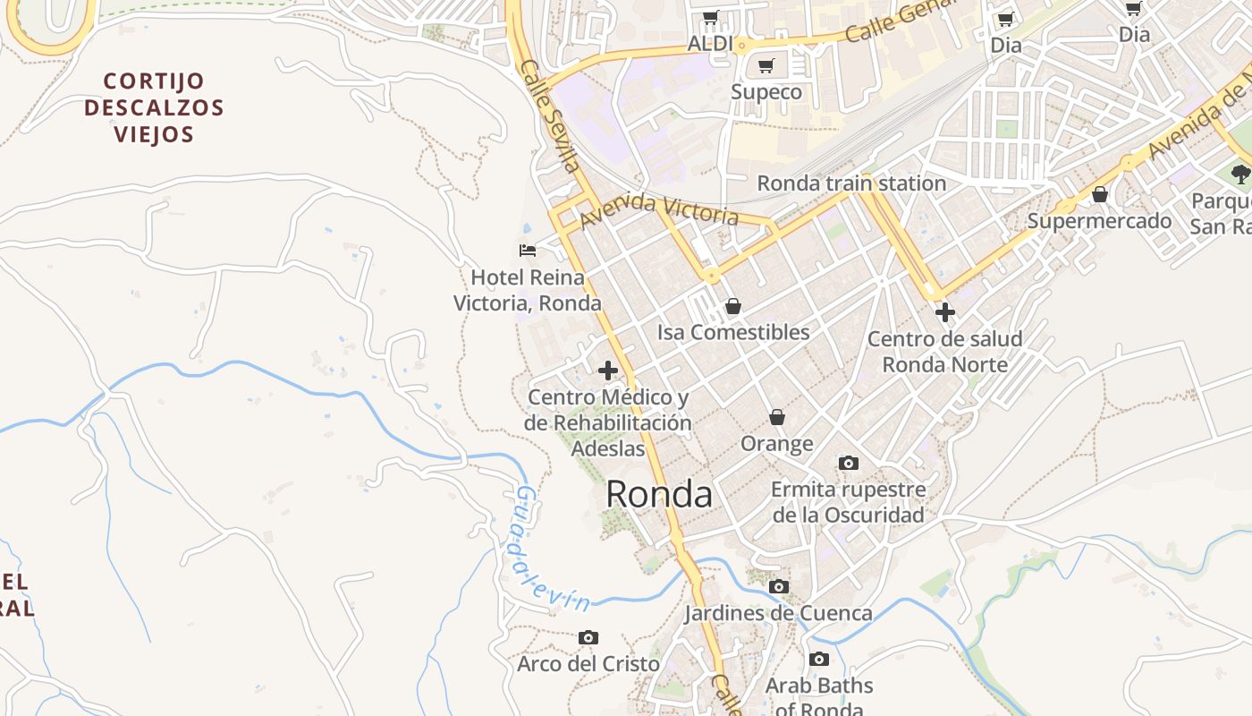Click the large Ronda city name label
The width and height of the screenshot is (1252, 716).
[x=659, y=494]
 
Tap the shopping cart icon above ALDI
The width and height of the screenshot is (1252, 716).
[x=711, y=17]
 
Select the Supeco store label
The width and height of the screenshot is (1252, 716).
[x=766, y=92]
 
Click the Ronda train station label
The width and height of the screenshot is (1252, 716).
[x=851, y=183]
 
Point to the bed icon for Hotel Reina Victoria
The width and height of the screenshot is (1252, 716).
[x=528, y=250]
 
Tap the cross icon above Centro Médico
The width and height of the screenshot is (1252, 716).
[x=608, y=371]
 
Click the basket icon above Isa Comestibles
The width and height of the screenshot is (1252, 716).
[x=733, y=306]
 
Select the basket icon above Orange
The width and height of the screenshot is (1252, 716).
[x=777, y=417]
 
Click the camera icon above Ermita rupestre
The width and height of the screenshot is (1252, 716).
[x=849, y=463]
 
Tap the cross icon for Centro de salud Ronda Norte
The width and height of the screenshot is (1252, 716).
[x=945, y=312]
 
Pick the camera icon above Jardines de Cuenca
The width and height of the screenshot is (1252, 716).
[x=779, y=586]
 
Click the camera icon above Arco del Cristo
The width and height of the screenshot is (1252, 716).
[x=588, y=637]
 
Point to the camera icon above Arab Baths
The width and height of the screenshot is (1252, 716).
[x=818, y=660]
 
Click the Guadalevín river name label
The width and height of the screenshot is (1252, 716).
[x=549, y=551]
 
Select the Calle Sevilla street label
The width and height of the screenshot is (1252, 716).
[x=549, y=116]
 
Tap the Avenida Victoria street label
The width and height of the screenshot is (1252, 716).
[x=659, y=210]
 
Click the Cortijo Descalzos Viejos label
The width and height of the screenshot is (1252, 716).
[x=154, y=107]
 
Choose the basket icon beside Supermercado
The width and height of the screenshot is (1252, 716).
[x=1100, y=194]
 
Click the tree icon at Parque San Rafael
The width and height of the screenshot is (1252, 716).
[x=1240, y=174]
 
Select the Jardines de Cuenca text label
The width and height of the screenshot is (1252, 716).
[x=778, y=613]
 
